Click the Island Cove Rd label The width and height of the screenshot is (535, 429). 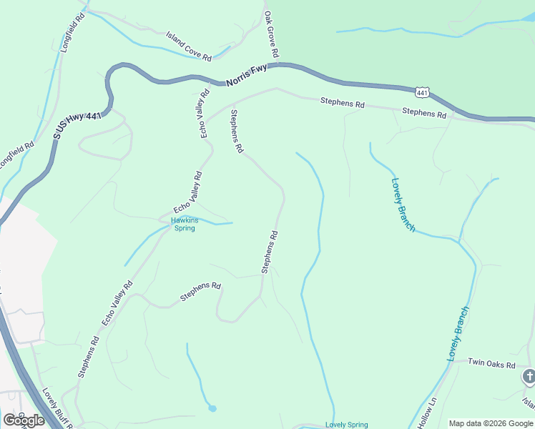click(189, 46)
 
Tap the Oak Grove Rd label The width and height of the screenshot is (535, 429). click(271, 34)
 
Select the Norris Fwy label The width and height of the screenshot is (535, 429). click(247, 74)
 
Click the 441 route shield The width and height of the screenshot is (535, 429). click(421, 92)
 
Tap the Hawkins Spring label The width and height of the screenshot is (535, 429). click(185, 225)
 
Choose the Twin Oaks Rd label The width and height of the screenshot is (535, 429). click(491, 364)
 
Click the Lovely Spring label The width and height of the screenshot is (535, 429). click(346, 425)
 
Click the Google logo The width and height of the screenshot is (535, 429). click(24, 420)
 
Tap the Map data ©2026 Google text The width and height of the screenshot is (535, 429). click(491, 423)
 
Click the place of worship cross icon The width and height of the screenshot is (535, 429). click(529, 376)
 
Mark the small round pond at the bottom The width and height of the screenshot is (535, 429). click(212, 408)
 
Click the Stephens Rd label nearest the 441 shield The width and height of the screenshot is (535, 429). click(424, 112)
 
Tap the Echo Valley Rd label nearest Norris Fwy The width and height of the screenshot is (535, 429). click(205, 113)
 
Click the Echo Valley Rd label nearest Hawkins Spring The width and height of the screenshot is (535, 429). click(187, 192)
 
